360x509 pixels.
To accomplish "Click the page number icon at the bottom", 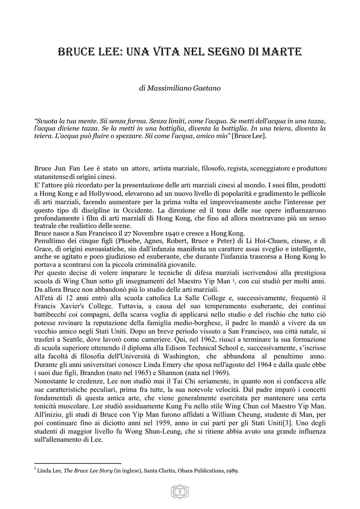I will [x=180, y=492].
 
